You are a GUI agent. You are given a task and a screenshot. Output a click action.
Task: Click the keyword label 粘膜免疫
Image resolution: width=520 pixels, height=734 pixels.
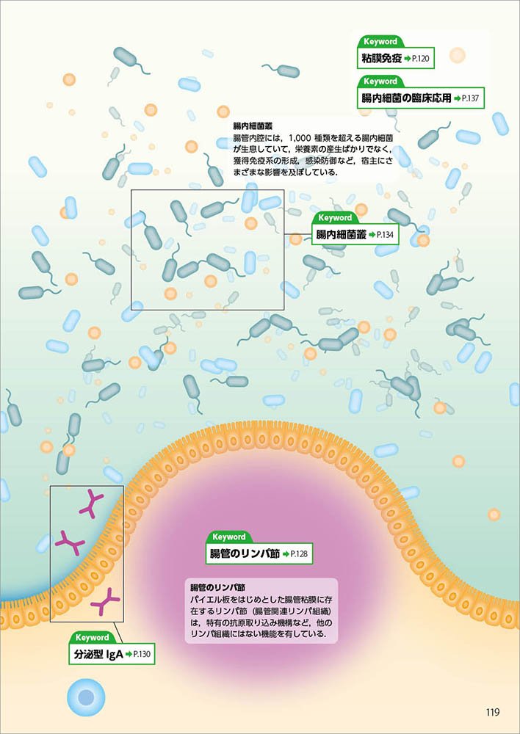(x=381, y=58)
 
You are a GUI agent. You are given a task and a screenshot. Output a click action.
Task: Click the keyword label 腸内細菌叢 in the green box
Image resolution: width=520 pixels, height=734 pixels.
(x=341, y=234)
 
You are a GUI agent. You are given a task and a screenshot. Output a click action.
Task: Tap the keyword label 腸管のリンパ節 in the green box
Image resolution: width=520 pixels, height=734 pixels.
(x=245, y=553)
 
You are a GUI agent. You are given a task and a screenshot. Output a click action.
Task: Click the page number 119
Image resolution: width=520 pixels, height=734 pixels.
(x=492, y=711)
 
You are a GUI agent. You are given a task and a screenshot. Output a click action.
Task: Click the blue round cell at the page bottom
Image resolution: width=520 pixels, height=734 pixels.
(x=86, y=696)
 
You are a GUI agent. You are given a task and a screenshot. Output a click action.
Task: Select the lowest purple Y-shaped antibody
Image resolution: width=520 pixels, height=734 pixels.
(x=106, y=602)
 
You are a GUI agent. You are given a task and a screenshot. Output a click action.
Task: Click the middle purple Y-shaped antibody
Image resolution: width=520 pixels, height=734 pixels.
(x=71, y=542)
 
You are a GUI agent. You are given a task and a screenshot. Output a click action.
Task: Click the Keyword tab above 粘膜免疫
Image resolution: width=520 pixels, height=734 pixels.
(x=380, y=43)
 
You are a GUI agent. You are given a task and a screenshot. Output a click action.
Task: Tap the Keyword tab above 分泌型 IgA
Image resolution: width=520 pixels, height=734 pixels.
(x=93, y=638)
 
